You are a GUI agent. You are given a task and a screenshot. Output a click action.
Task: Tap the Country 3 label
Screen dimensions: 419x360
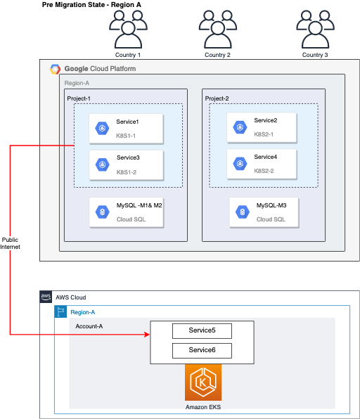click(314, 55)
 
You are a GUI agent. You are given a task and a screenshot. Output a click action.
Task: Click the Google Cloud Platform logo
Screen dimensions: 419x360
click(56, 69)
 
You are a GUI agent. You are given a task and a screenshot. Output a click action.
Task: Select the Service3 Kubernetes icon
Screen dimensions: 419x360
click(103, 164)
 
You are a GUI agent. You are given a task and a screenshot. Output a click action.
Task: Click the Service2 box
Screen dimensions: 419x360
click(264, 127)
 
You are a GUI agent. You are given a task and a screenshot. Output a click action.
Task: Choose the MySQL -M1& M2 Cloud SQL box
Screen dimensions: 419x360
click(127, 212)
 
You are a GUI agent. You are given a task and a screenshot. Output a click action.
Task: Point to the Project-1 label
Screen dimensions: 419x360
click(79, 98)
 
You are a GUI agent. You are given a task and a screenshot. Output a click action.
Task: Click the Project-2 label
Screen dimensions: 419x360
click(217, 98)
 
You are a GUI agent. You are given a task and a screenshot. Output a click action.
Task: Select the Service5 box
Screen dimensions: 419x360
click(202, 330)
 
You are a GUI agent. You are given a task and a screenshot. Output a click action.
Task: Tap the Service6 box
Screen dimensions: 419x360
click(202, 349)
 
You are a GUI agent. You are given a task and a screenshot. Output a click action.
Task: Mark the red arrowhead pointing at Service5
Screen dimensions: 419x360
click(147, 334)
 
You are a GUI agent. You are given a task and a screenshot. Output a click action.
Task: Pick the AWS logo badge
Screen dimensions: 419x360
click(46, 297)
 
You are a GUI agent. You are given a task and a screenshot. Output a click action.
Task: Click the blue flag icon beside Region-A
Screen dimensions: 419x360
click(60, 311)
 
